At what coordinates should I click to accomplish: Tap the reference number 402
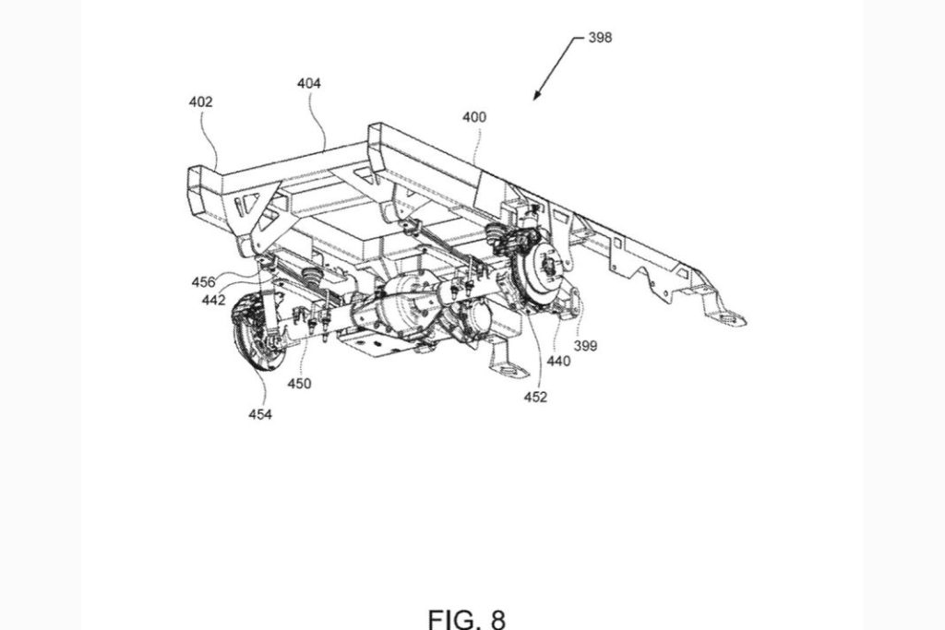[200, 102]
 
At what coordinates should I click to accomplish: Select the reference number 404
[309, 83]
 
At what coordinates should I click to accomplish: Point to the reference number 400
[475, 117]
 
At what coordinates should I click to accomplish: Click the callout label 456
[204, 281]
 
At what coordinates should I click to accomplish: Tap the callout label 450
[298, 383]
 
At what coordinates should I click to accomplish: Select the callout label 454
[259, 415]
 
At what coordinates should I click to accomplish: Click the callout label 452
[535, 398]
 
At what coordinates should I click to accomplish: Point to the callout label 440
[557, 362]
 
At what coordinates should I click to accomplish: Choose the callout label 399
[585, 346]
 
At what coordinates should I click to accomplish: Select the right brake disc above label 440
[537, 271]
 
